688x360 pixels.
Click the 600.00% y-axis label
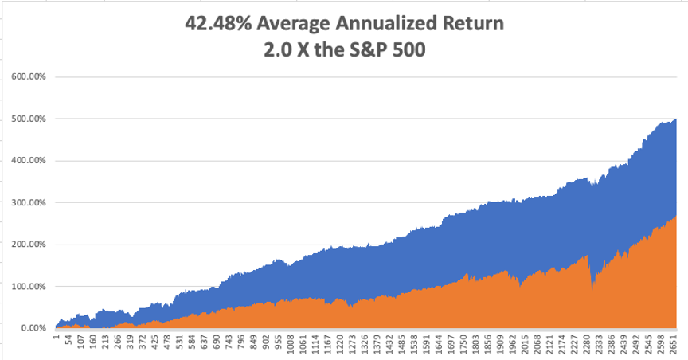(x=29, y=77)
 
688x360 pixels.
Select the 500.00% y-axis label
(x=29, y=119)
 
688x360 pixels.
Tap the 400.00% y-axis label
(x=29, y=161)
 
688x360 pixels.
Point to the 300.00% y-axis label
(x=29, y=203)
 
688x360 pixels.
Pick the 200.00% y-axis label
(x=29, y=245)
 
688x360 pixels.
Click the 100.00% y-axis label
(x=29, y=286)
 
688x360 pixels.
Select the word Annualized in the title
(x=384, y=25)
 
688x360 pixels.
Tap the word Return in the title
(x=472, y=25)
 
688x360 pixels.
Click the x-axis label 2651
(x=676, y=344)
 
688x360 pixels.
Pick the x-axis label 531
(x=181, y=342)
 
